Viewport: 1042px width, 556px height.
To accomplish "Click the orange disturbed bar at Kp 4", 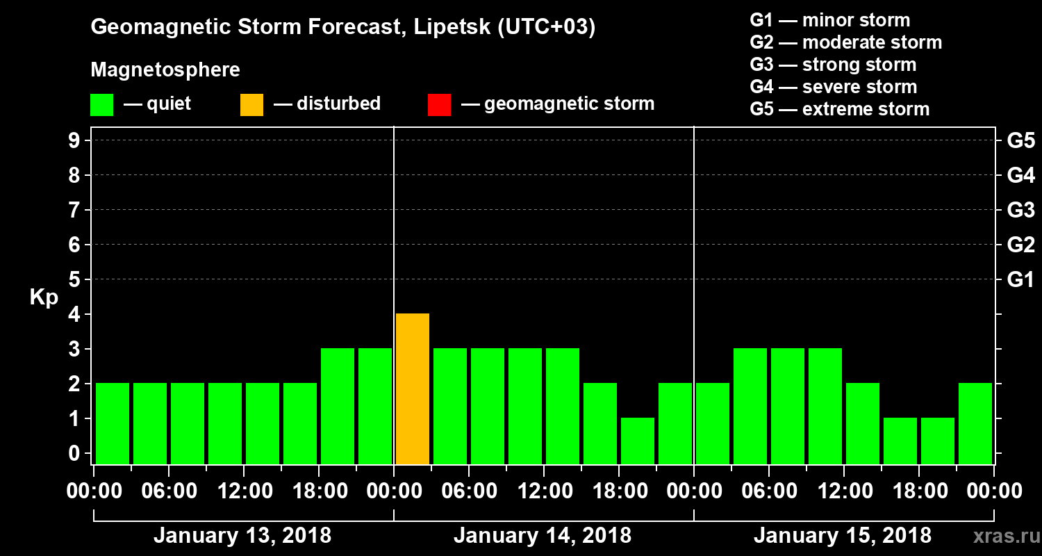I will point(412,389).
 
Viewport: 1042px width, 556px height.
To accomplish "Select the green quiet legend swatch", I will point(101,105).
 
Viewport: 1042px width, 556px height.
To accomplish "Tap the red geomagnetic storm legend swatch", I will point(439,105).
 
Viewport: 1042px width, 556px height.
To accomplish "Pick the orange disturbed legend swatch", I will point(251,105).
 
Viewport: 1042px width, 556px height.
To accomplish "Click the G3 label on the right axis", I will point(1020,210).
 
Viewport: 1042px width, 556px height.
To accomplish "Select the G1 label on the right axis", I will point(1020,280).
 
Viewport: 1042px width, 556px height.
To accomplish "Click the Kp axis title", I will point(44,297).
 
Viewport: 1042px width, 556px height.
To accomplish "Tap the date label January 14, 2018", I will point(543,536).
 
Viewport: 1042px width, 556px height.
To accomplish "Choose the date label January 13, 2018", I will point(242,536).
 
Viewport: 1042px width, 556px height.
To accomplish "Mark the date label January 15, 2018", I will point(843,536).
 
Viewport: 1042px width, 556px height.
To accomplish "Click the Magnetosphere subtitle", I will point(165,70).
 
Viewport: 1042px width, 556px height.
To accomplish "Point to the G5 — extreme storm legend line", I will point(839,109).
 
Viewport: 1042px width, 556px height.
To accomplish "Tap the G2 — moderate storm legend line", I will point(845,42).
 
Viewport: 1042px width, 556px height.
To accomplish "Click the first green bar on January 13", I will point(113,423).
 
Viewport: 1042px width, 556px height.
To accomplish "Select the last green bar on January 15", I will point(975,423).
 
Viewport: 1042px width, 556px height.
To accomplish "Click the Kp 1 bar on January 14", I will point(637,441).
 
